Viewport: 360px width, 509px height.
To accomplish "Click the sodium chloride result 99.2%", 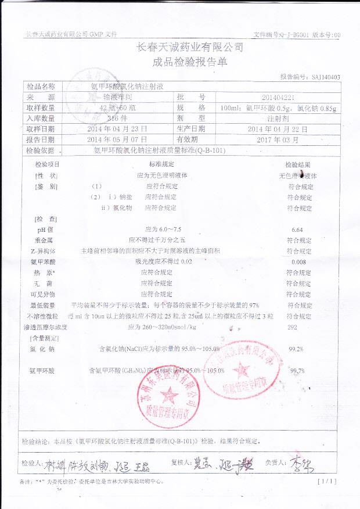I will pos(296,349).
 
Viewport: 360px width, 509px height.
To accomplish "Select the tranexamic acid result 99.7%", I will pos(297,371).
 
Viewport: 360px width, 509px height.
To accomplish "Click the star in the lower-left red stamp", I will pos(169,396).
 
